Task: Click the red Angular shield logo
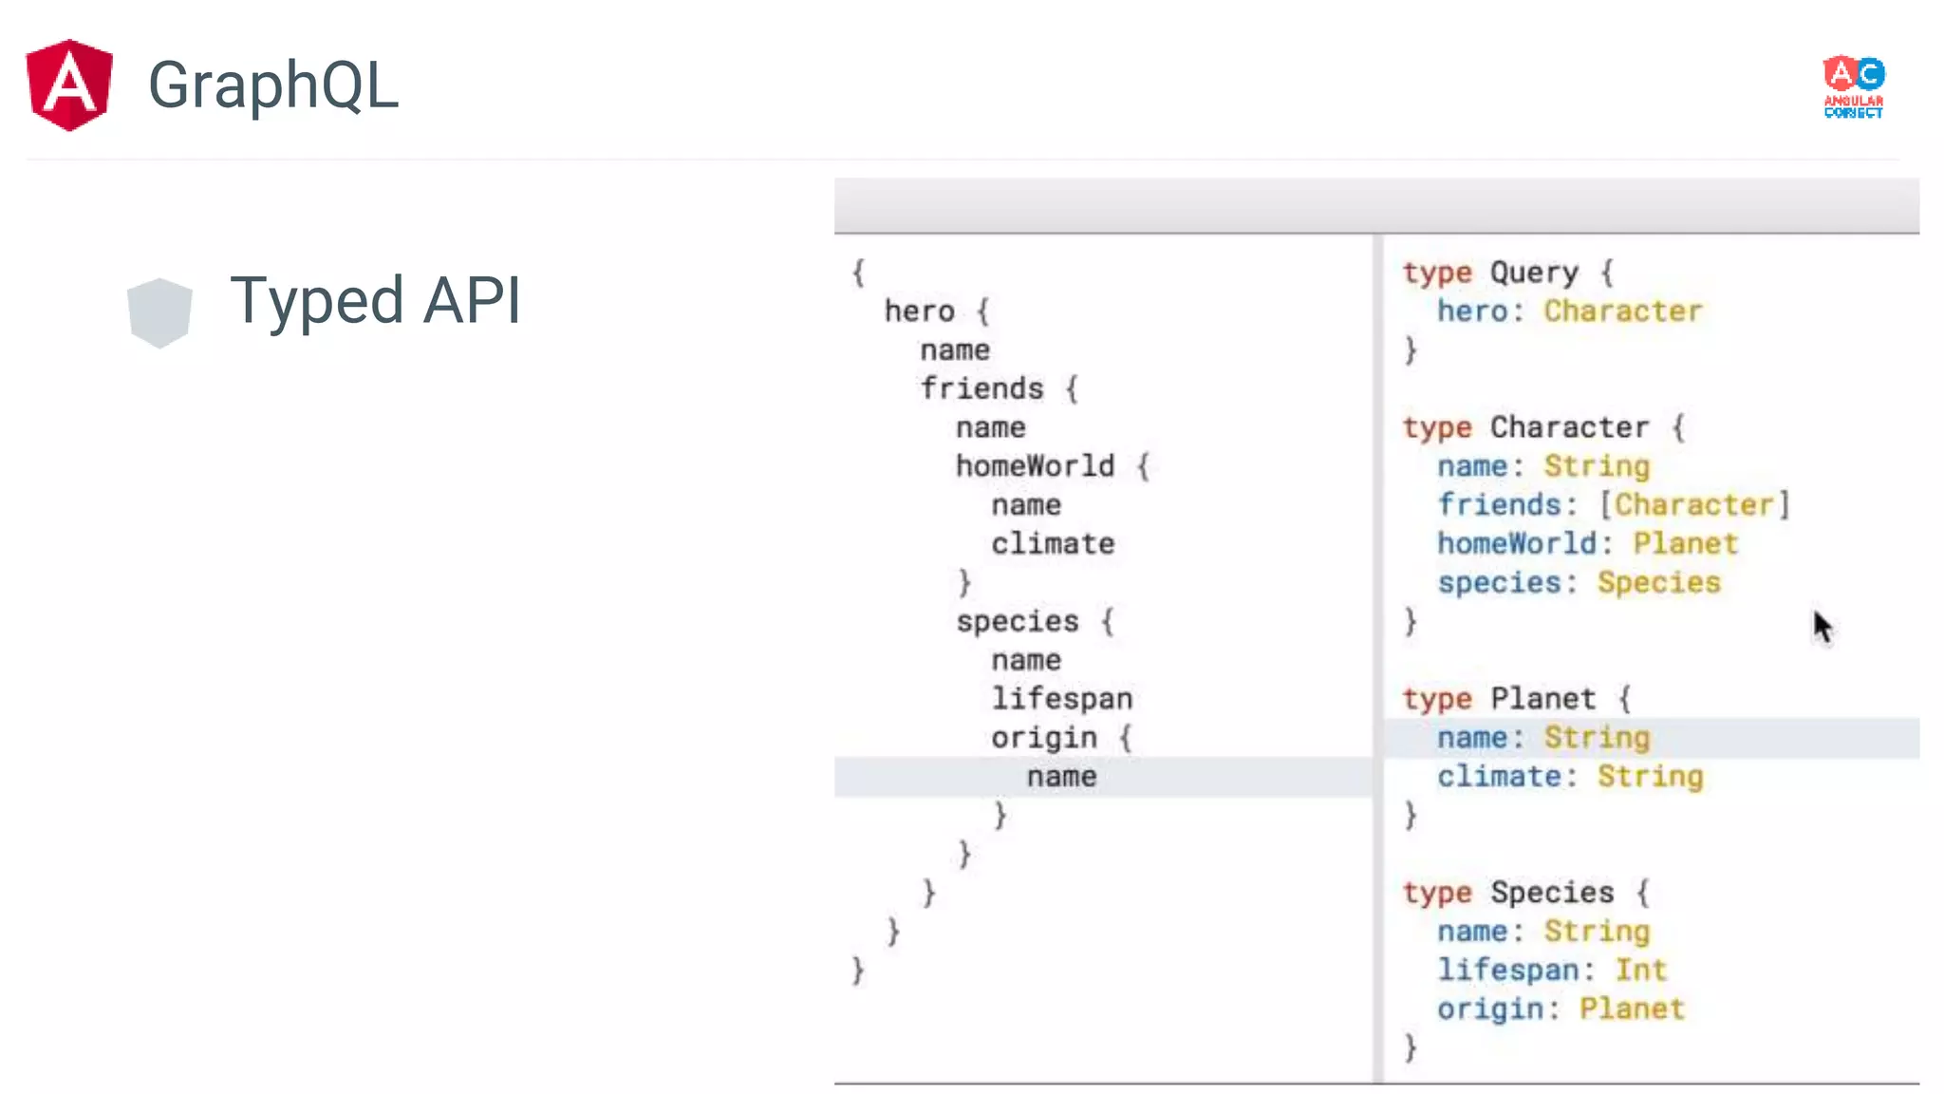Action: pos(69,85)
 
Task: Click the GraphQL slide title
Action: pos(273,85)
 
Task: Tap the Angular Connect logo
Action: pos(1853,86)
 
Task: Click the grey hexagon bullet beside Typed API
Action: pos(159,312)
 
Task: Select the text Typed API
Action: pos(375,301)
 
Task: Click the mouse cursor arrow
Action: pos(1822,628)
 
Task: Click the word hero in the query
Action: pos(919,311)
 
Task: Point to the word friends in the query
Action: pos(981,388)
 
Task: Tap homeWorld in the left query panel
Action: pos(1035,466)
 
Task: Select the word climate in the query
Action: pos(1053,544)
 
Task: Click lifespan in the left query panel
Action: pos(1061,699)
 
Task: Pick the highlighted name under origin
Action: pos(1061,777)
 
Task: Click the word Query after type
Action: pos(1534,273)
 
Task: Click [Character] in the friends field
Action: pos(1694,505)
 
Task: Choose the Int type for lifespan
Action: pos(1641,971)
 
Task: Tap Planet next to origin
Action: pos(1632,1009)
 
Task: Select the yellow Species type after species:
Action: pos(1658,583)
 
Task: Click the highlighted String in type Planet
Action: pos(1597,738)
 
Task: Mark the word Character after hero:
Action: pos(1622,311)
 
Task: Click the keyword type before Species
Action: pos(1437,893)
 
